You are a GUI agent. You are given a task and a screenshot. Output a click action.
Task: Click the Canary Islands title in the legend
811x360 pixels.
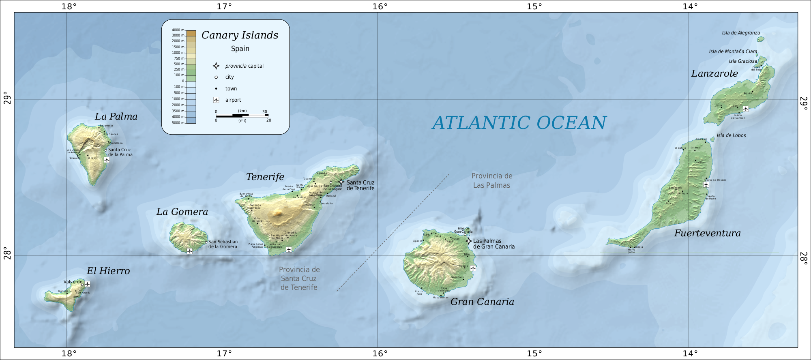[x=240, y=35]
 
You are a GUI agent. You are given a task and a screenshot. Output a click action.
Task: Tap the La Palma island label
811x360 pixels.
[x=116, y=117]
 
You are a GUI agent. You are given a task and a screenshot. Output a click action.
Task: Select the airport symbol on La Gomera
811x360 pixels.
[x=189, y=251]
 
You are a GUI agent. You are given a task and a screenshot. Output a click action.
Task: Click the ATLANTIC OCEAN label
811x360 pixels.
[x=519, y=123]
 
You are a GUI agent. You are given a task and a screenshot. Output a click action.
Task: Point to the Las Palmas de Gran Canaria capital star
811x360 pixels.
[x=469, y=241]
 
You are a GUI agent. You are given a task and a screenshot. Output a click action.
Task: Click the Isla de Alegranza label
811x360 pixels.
[x=741, y=33]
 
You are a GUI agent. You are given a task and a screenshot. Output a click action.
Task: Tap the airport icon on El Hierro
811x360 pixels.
[x=87, y=284]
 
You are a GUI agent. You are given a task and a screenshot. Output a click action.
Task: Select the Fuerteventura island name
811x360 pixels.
[x=707, y=233]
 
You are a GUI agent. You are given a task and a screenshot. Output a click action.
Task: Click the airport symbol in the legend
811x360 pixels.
[x=216, y=100]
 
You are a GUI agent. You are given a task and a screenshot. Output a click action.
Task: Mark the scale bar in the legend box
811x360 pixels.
[x=242, y=116]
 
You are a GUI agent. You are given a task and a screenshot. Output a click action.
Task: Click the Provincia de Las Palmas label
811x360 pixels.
[x=492, y=180]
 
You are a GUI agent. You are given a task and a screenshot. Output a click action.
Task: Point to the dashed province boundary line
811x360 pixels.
[x=393, y=233]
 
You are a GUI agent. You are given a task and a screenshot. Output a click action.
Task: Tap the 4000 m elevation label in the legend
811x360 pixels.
[x=178, y=30]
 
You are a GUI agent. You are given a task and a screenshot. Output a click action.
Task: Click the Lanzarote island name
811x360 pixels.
[x=714, y=74]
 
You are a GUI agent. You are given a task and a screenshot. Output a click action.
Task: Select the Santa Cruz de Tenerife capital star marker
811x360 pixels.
[x=341, y=182]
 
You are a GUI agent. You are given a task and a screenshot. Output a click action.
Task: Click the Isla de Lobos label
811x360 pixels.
[x=731, y=135]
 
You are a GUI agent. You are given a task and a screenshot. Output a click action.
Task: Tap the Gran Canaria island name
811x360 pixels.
[x=482, y=302]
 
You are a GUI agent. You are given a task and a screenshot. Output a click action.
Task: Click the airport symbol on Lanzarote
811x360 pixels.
[x=745, y=109]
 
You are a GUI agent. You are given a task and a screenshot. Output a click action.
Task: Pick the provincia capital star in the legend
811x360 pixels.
[x=216, y=66]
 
